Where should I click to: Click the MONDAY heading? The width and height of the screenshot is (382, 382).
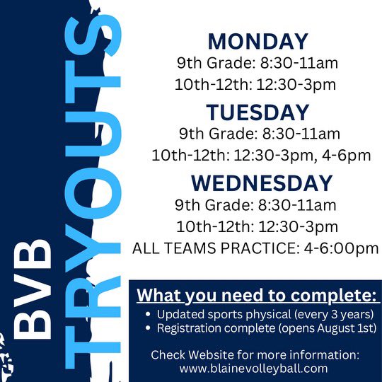pos(257,41)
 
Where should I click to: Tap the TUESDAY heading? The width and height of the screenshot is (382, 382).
pos(257,112)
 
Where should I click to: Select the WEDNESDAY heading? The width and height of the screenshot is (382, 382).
pos(261,183)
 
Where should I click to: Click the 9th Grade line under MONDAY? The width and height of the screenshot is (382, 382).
pos(257,63)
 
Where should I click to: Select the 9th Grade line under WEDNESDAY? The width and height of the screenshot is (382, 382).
pos(257,204)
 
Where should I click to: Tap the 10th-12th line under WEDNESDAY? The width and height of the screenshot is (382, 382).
pos(257,226)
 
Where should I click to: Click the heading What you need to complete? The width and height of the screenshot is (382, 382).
pos(258,294)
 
